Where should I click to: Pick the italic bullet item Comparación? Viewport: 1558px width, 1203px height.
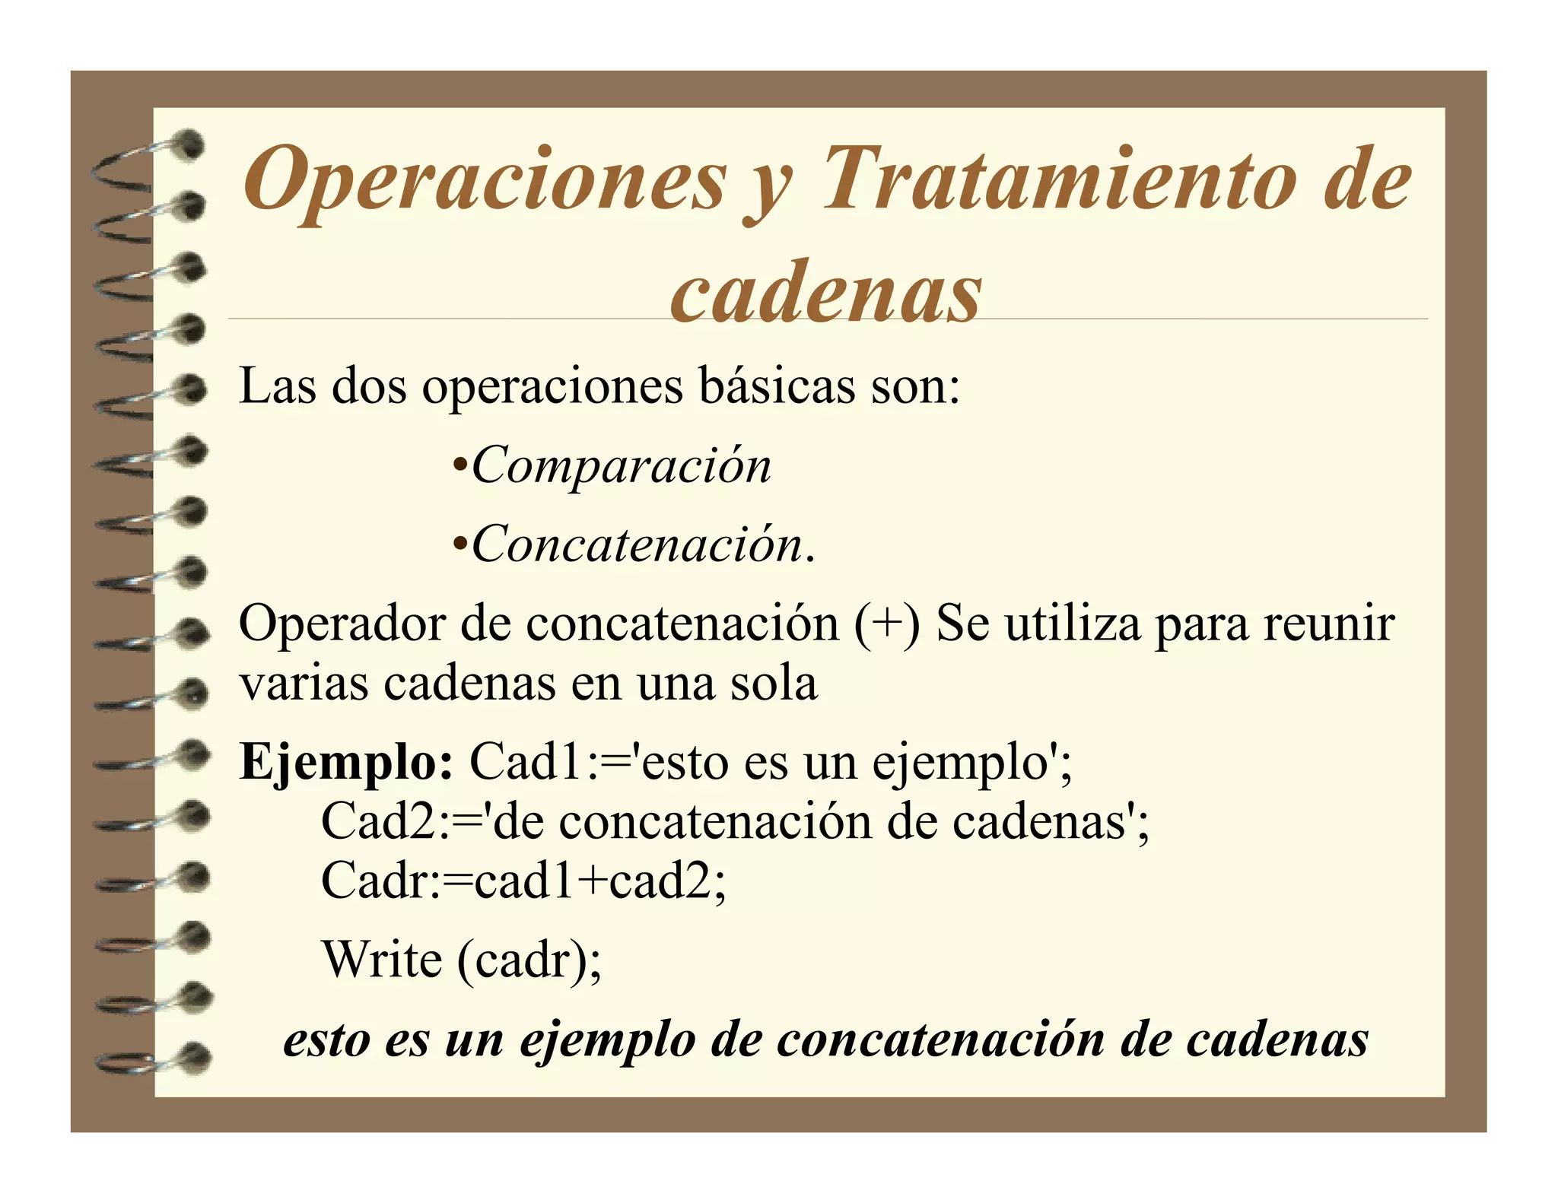click(x=622, y=465)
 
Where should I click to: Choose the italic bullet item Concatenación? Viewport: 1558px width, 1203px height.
click(x=638, y=544)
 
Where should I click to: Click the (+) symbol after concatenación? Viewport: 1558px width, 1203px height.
click(x=886, y=624)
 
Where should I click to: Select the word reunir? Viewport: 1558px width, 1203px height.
click(x=1328, y=624)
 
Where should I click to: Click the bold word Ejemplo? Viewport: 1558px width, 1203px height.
click(x=346, y=762)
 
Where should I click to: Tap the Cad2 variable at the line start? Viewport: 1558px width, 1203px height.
click(x=377, y=821)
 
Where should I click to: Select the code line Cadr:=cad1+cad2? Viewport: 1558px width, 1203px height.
click(x=523, y=881)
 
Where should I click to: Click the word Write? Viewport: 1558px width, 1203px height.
click(x=382, y=959)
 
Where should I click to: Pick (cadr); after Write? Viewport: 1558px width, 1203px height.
click(x=529, y=960)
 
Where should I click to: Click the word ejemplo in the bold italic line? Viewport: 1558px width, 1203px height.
click(x=607, y=1041)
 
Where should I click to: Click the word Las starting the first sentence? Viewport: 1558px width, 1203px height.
click(x=278, y=386)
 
